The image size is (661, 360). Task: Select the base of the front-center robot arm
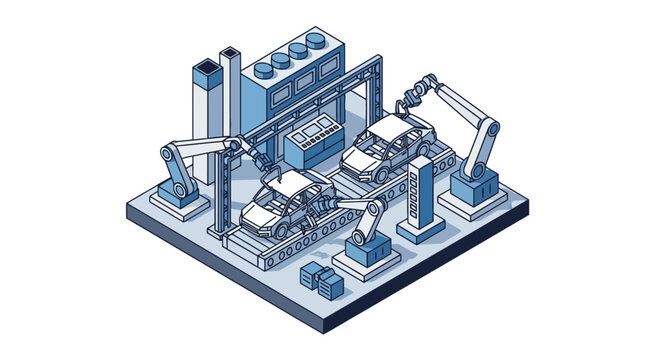(x=361, y=250)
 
